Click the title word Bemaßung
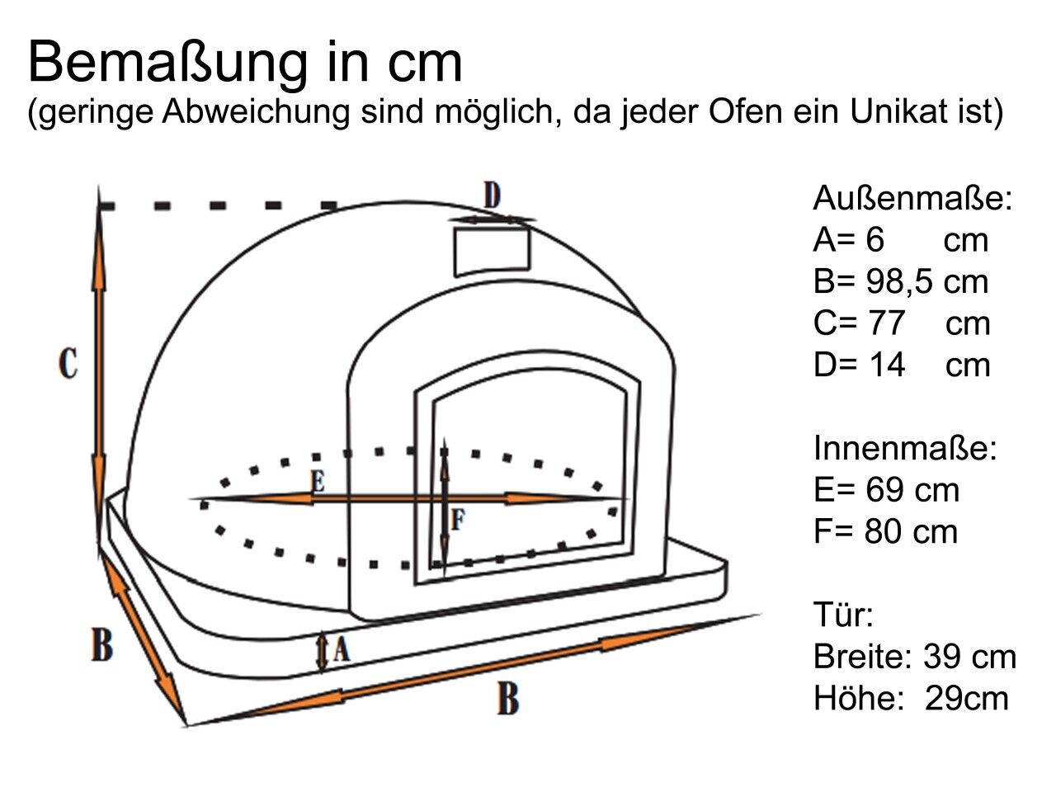pyautogui.click(x=168, y=64)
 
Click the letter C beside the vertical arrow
pyautogui.click(x=68, y=363)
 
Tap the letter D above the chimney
pyautogui.click(x=493, y=195)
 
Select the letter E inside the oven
pyautogui.click(x=318, y=481)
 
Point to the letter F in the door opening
pyautogui.click(x=458, y=520)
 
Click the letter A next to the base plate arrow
pyautogui.click(x=341, y=648)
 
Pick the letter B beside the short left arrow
pyautogui.click(x=102, y=643)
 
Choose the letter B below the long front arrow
pyautogui.click(x=508, y=698)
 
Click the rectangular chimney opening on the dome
pyautogui.click(x=493, y=252)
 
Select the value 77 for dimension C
pyautogui.click(x=886, y=323)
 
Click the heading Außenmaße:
pyautogui.click(x=912, y=198)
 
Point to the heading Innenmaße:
pyautogui.click(x=905, y=448)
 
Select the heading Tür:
pyautogui.click(x=843, y=615)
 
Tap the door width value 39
pyautogui.click(x=942, y=657)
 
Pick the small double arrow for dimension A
pyautogui.click(x=322, y=652)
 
